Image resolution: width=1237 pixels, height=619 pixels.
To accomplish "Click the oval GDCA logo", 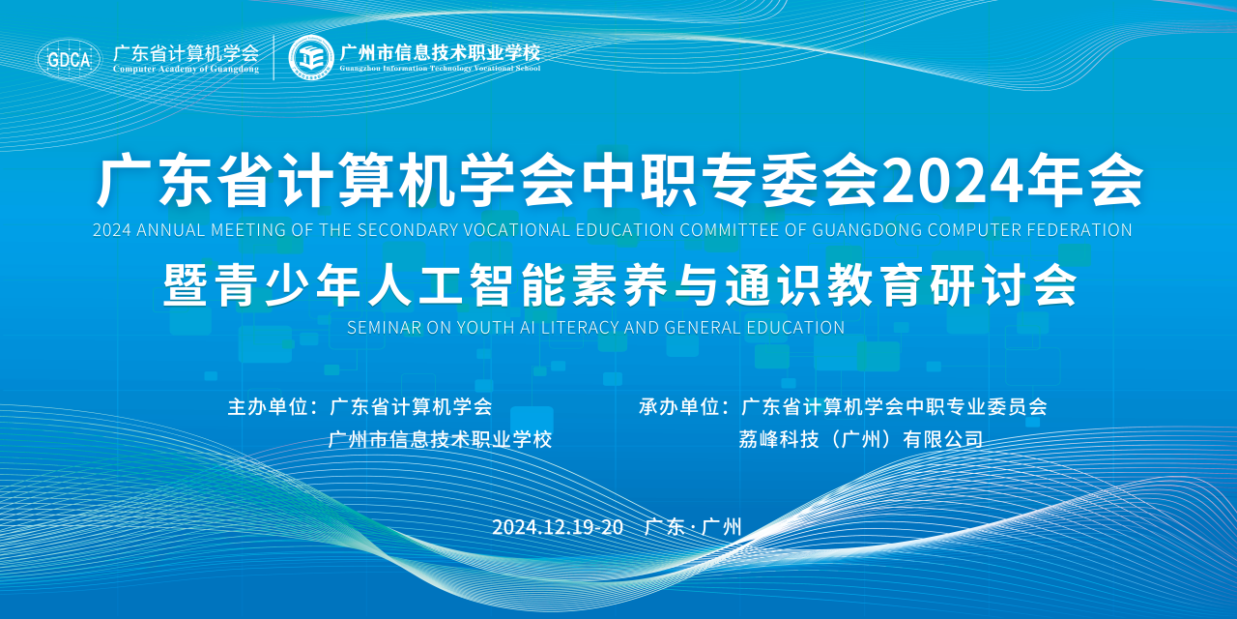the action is tap(69, 58).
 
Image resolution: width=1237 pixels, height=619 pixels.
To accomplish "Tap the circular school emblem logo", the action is tap(311, 57).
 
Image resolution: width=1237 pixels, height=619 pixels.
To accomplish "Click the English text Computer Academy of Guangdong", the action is tap(187, 69).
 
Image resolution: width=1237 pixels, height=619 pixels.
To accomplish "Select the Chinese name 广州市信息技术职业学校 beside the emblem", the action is tap(440, 52).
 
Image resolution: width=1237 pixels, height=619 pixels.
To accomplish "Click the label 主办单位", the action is tap(268, 407).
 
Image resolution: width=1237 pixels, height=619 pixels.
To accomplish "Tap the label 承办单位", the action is tap(678, 407).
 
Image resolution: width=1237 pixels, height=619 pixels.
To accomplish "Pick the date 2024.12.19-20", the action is tap(558, 527).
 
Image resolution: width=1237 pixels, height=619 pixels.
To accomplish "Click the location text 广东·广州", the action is tap(693, 527).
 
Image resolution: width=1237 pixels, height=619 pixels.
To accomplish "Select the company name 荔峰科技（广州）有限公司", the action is tap(861, 440).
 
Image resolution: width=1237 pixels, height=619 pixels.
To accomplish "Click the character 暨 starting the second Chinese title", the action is tap(186, 285).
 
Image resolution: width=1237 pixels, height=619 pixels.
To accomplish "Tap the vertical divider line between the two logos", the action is tap(273, 57).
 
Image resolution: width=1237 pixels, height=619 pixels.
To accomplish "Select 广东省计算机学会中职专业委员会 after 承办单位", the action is tap(894, 407).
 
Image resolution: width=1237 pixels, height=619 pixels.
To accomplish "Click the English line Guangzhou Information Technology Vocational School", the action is tap(440, 69).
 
